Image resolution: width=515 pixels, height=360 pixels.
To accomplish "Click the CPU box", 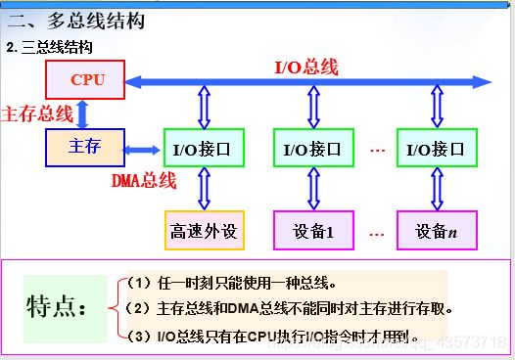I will [86, 80].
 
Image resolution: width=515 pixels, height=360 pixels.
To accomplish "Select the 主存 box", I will [86, 148].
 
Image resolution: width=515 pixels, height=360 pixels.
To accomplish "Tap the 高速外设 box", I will [205, 232].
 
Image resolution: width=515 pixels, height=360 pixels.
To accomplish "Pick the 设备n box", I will [436, 232].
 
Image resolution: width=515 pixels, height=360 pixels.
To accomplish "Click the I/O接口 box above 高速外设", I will [204, 150].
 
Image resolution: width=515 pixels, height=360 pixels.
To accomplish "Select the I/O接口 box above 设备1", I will [312, 150].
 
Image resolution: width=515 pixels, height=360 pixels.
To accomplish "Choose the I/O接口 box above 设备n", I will [436, 150].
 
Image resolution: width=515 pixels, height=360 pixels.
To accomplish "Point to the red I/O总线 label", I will [305, 67].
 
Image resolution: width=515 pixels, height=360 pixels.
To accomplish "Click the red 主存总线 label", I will [38, 113].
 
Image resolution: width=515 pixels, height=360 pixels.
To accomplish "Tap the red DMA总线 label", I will [143, 180].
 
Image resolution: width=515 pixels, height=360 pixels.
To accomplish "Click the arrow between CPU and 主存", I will [83, 113].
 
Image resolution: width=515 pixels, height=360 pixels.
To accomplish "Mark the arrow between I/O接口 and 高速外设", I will [204, 190].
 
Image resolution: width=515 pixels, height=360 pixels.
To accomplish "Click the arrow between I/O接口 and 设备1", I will [312, 190].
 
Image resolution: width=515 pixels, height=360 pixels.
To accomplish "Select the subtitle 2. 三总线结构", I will [50, 46].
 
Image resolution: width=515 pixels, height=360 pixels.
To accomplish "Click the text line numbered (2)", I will [291, 309].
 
